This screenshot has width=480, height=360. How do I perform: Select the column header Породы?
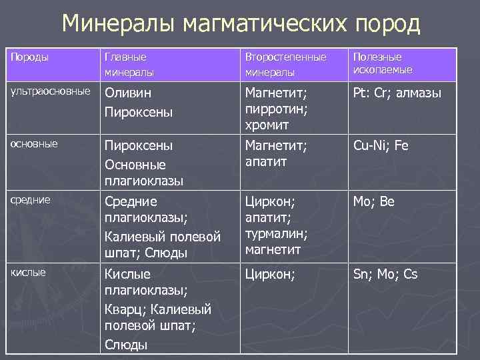click(x=29, y=57)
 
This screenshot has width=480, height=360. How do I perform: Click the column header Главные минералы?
click(x=129, y=64)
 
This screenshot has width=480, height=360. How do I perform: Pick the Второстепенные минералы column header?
click(x=286, y=64)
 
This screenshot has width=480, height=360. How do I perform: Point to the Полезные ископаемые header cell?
click(x=383, y=63)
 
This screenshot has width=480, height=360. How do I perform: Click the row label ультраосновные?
click(x=49, y=91)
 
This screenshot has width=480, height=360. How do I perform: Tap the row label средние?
click(x=31, y=199)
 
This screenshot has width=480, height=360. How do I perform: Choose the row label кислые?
click(x=29, y=272)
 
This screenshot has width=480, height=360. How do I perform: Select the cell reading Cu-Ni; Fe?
click(x=381, y=145)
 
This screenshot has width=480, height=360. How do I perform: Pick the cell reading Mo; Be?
click(x=374, y=201)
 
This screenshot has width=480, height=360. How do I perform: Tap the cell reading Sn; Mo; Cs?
click(x=385, y=274)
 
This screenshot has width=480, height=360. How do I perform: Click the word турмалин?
click(x=275, y=234)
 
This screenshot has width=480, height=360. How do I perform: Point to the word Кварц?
click(x=124, y=309)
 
